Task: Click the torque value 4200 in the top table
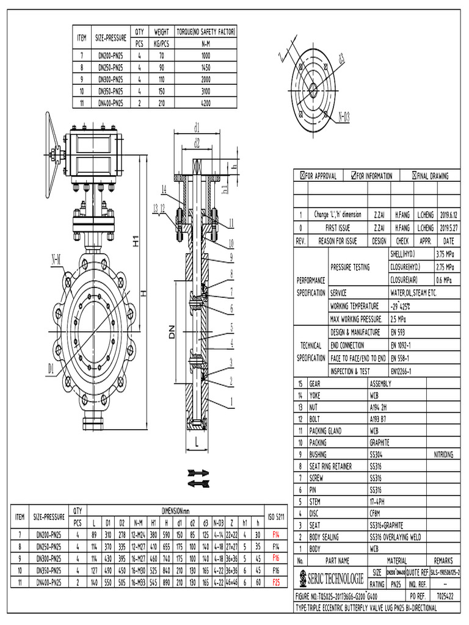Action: [x=206, y=103]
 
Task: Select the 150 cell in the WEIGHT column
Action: [x=161, y=91]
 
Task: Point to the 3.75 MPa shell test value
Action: [x=445, y=253]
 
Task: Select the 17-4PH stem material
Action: [x=379, y=502]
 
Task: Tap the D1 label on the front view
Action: [x=51, y=367]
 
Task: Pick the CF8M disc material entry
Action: [x=377, y=513]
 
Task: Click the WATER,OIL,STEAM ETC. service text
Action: [x=413, y=293]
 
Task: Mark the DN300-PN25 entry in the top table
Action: [x=111, y=79]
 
